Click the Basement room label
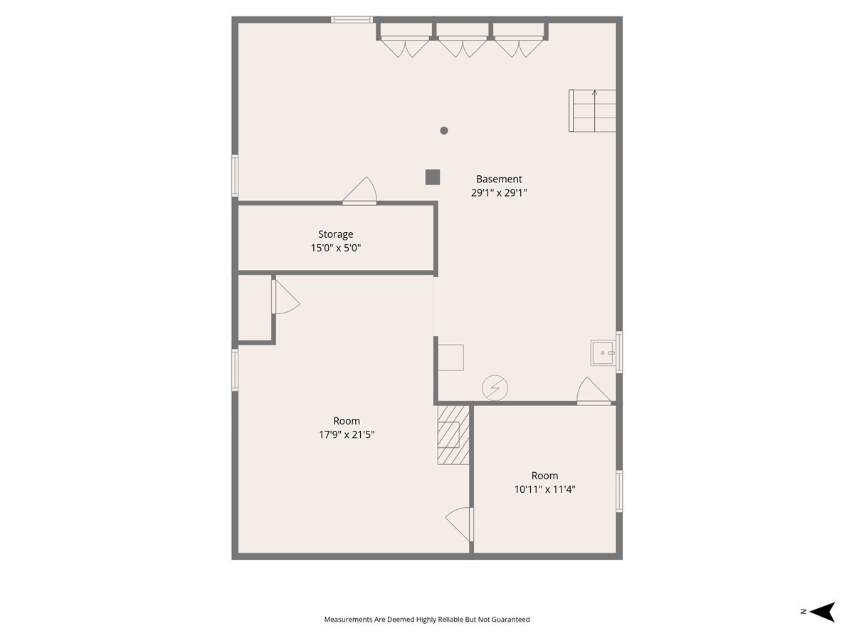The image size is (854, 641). tap(499, 179)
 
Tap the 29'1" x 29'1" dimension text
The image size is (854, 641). tap(499, 193)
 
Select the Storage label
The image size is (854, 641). tap(335, 234)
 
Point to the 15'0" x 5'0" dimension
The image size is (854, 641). tap(335, 248)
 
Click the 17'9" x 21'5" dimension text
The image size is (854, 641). tap(347, 434)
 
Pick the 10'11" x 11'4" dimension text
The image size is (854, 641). tap(544, 489)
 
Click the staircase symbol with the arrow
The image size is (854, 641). tap(592, 110)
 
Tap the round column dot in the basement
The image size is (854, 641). tap(444, 130)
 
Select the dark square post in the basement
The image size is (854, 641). tap(432, 177)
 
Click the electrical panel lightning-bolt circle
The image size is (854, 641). tap(495, 388)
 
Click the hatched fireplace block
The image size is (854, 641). tap(453, 434)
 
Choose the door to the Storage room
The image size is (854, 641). tap(360, 192)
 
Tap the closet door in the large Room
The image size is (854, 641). tap(284, 296)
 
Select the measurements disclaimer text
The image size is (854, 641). tap(427, 620)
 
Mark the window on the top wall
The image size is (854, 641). tap(352, 20)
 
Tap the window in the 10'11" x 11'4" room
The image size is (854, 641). tap(619, 491)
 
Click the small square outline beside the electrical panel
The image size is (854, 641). tap(450, 358)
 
